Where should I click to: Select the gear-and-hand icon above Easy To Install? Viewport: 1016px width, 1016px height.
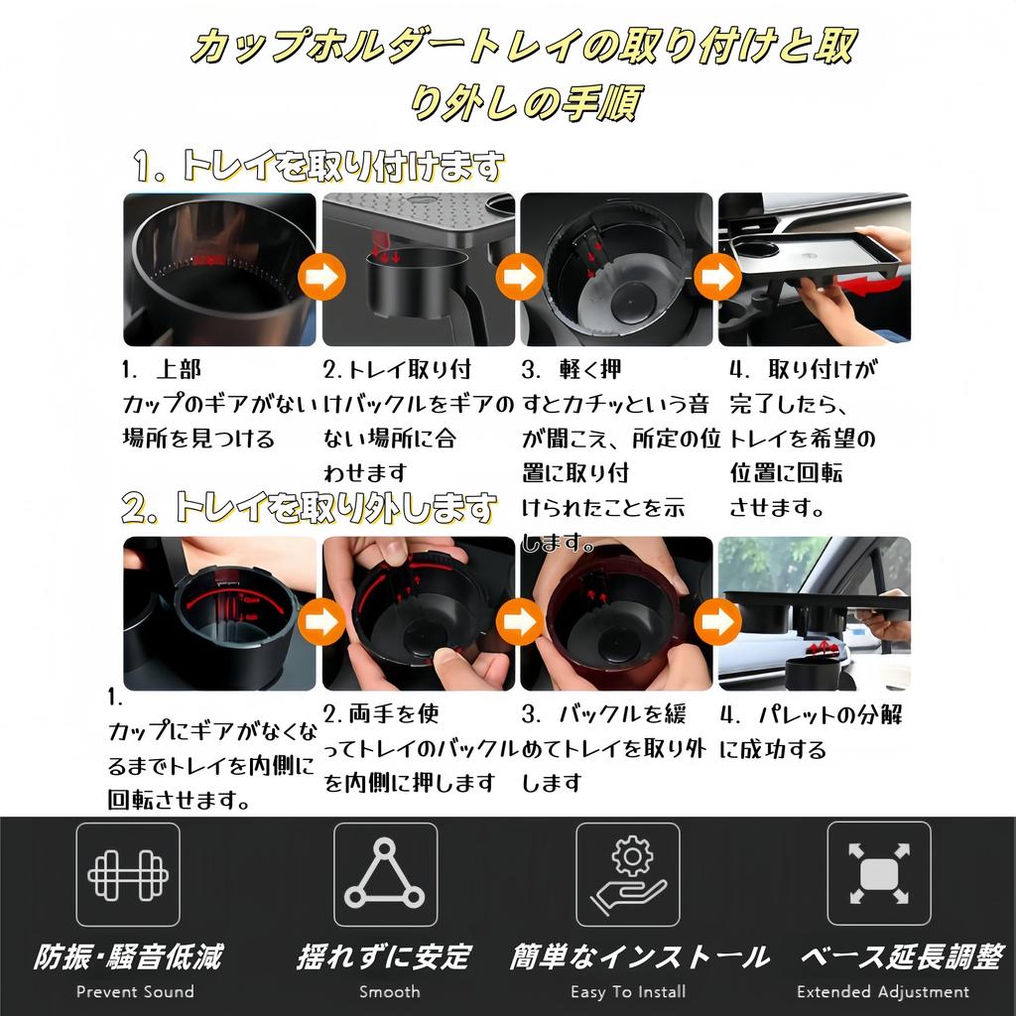[x=628, y=874]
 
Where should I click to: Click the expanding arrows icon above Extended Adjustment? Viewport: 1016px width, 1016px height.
[x=879, y=874]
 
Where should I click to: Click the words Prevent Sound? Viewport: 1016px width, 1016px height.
[x=135, y=991]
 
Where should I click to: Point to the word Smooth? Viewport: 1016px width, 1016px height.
[x=389, y=991]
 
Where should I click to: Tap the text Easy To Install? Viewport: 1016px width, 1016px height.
[x=628, y=991]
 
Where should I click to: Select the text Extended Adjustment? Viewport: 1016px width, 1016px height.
[x=882, y=991]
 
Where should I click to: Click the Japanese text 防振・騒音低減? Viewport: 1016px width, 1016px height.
[x=128, y=956]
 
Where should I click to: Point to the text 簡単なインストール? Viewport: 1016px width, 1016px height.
[x=639, y=956]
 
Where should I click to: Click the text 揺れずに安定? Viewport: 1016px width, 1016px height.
[x=384, y=956]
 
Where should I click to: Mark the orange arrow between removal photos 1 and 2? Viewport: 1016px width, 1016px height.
[x=320, y=622]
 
